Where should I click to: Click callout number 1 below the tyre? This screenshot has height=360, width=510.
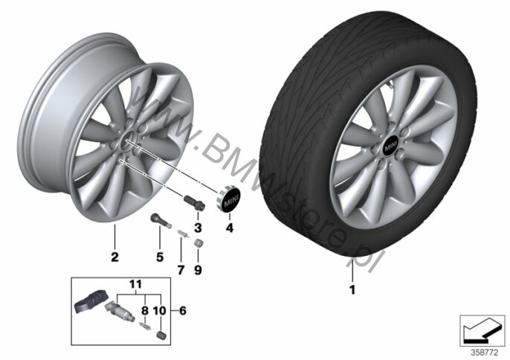click(x=352, y=289)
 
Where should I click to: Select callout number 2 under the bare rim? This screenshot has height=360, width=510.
click(x=114, y=257)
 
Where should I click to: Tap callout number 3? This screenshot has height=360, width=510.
click(x=198, y=228)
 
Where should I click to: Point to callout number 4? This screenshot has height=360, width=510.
click(x=230, y=228)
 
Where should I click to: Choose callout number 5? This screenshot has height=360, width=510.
click(x=160, y=257)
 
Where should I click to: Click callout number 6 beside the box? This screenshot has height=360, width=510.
click(x=183, y=310)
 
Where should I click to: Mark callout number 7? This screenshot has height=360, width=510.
click(x=181, y=270)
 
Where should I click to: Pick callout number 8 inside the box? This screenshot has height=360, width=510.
click(x=145, y=310)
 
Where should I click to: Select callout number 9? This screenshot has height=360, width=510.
click(x=198, y=270)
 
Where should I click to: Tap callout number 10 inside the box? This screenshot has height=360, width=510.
click(x=159, y=310)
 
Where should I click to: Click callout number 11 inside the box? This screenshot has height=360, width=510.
click(x=135, y=284)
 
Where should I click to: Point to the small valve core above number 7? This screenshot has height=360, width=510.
click(x=183, y=234)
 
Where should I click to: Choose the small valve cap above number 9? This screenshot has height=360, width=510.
click(x=198, y=243)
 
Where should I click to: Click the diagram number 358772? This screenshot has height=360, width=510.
click(x=485, y=352)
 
